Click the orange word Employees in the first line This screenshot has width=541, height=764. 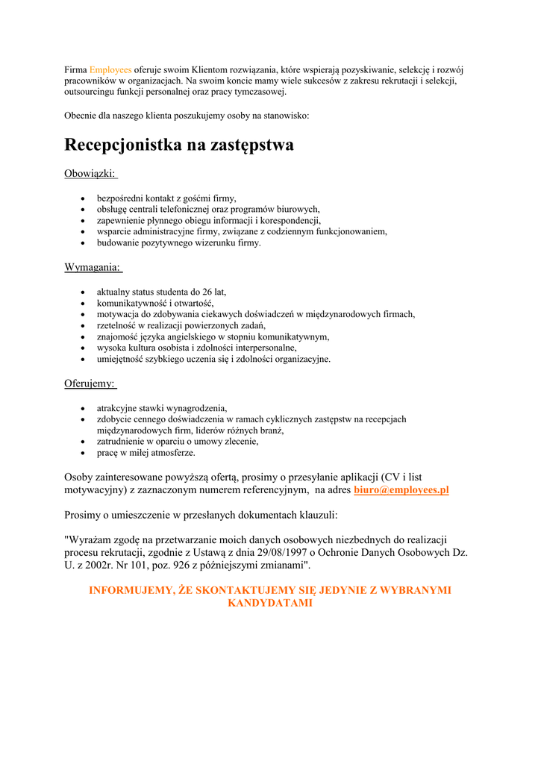(x=110, y=69)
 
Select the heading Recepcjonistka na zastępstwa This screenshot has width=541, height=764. (x=179, y=145)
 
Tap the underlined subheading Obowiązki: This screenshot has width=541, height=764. (x=90, y=173)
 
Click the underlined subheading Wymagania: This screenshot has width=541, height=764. (x=93, y=266)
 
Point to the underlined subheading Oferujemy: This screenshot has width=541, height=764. (x=90, y=383)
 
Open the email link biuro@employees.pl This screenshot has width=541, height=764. (x=401, y=490)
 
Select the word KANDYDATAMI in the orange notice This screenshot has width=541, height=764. (x=270, y=603)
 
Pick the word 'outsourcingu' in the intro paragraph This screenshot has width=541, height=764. (x=92, y=92)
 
